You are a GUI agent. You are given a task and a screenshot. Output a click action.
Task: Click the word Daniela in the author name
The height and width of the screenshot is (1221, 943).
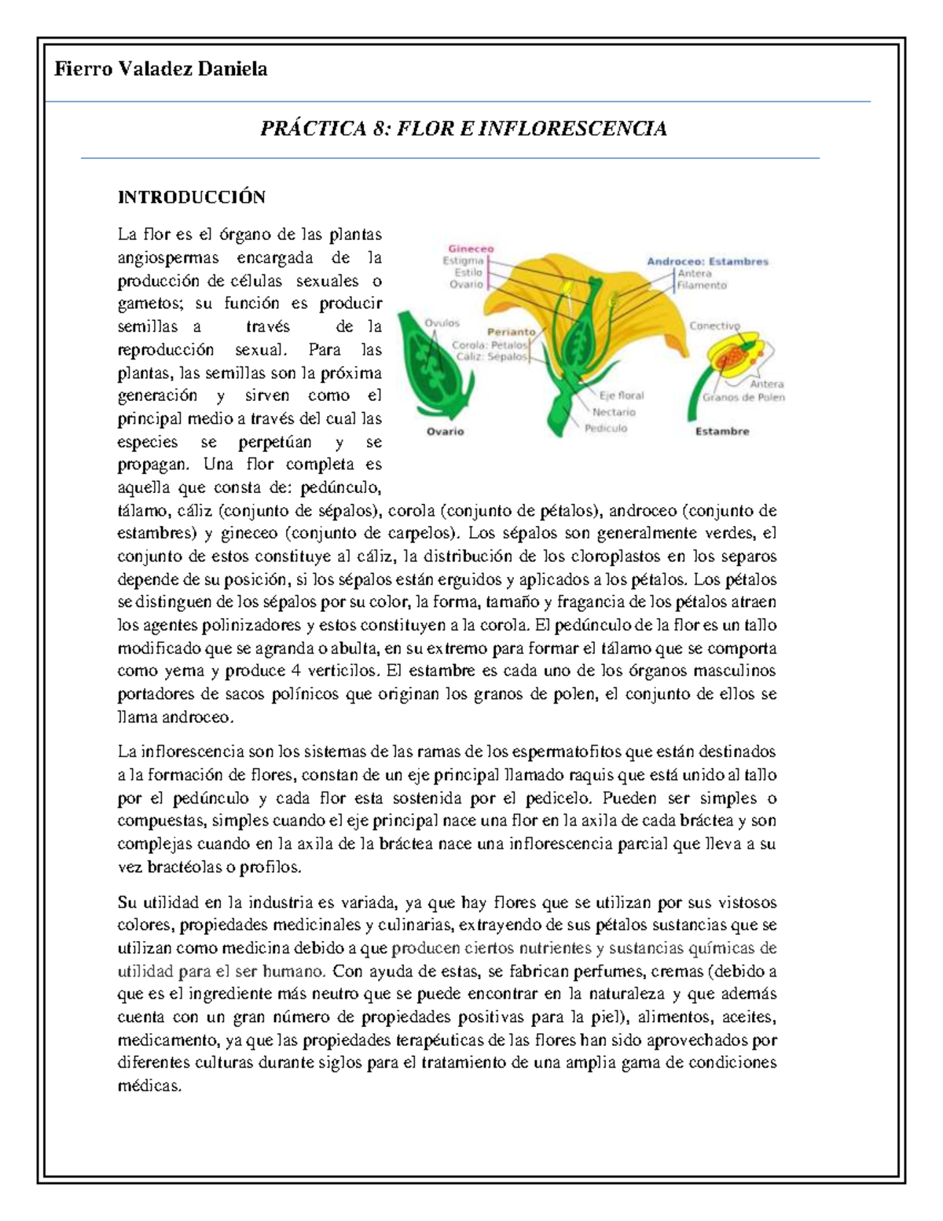pos(232,69)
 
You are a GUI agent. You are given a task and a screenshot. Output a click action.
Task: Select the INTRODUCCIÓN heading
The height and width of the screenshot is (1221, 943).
pos(191,197)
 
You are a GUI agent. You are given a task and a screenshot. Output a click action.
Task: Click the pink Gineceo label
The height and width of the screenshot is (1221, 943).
pos(471,248)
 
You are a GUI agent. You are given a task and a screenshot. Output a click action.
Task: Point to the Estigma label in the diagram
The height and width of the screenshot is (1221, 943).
pos(463,260)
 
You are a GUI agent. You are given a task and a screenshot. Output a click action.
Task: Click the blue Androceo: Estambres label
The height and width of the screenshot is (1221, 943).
pos(707,262)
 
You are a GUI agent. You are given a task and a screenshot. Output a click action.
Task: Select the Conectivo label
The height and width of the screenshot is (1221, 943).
pos(714,325)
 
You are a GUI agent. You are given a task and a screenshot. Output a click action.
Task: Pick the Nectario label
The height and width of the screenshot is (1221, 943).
pos(614,412)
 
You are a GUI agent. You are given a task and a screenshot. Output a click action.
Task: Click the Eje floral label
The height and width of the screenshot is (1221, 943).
pos(622,396)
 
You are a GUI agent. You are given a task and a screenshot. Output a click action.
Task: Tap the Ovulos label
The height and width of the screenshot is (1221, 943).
pos(442,322)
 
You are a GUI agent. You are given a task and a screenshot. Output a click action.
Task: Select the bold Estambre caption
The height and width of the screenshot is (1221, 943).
pos(721,432)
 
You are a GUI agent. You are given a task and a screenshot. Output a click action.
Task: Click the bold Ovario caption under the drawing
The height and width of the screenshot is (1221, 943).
pos(445,432)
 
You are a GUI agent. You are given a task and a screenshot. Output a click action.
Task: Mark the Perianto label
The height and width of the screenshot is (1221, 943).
pos(511,332)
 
